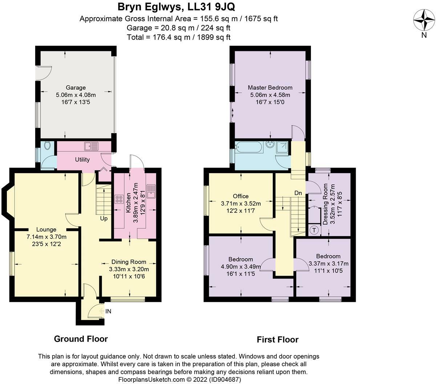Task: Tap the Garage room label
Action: coord(76,88)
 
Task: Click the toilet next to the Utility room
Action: coord(47,146)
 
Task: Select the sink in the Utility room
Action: coord(91,147)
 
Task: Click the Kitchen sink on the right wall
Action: coord(151,191)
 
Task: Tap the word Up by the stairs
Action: coord(104,219)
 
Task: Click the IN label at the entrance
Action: coord(108,311)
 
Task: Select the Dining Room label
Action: coord(129,262)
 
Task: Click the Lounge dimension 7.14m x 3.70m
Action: coord(47,237)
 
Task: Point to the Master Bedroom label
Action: coord(270,88)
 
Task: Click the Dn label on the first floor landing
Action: coord(298,193)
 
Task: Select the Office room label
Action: coord(241,196)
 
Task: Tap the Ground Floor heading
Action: coord(81,339)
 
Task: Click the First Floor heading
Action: coord(278,340)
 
